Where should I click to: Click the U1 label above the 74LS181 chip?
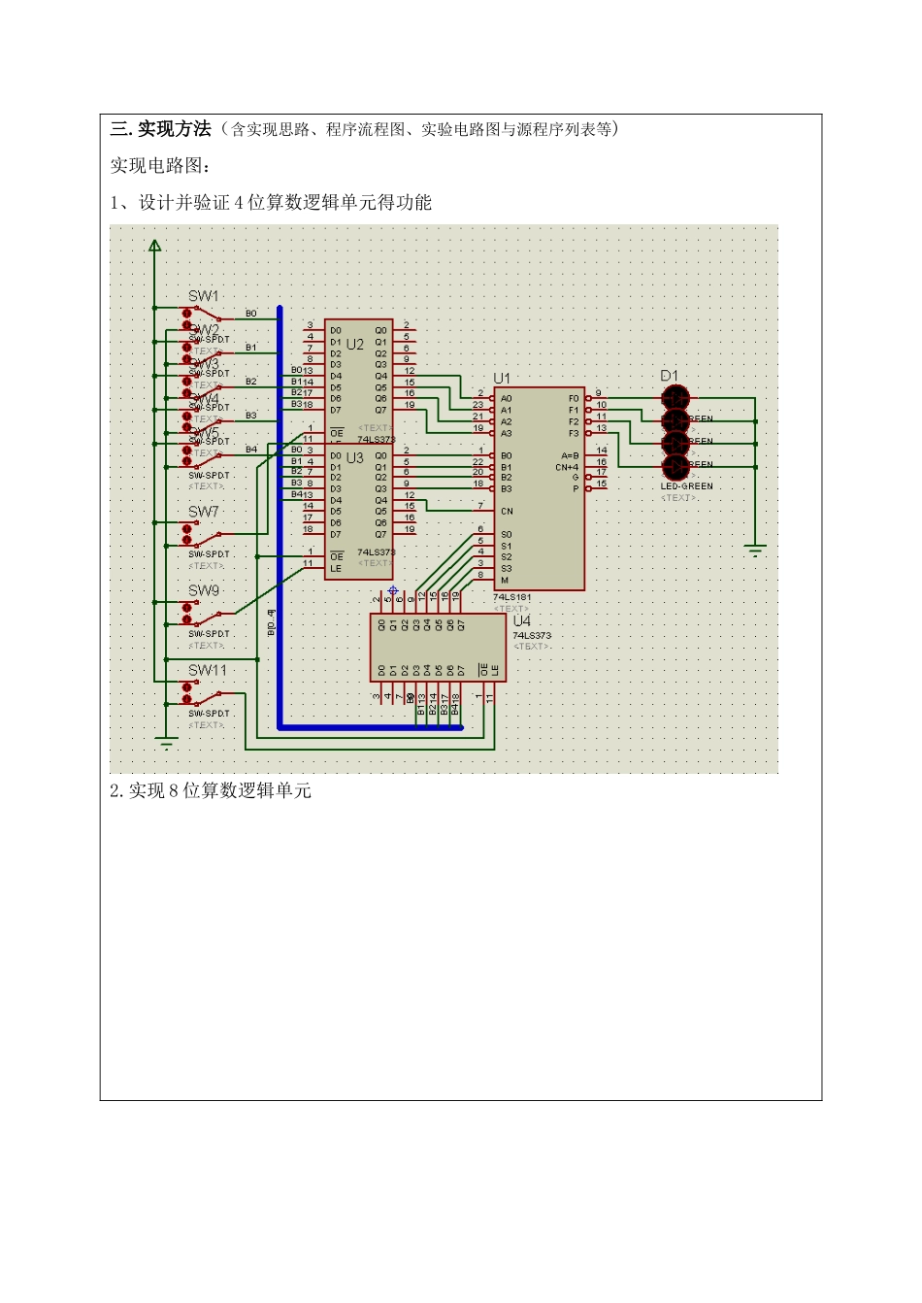click(x=501, y=379)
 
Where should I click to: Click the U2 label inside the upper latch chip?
click(x=355, y=345)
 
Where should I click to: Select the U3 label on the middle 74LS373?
click(x=355, y=457)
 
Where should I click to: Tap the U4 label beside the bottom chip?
click(x=521, y=621)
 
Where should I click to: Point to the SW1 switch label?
click(x=203, y=296)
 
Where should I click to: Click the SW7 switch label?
click(x=203, y=512)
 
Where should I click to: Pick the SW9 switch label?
click(x=203, y=590)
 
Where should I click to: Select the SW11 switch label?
click(x=207, y=670)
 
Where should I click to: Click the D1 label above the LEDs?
click(x=669, y=376)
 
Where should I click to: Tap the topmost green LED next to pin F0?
click(x=675, y=397)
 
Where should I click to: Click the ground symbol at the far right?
click(x=755, y=551)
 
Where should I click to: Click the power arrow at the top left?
click(x=154, y=246)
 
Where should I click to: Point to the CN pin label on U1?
click(x=507, y=511)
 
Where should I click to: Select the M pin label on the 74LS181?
click(x=505, y=581)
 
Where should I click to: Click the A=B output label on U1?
click(x=570, y=455)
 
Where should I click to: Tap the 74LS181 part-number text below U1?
click(x=512, y=597)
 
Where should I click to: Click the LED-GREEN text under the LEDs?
click(x=686, y=486)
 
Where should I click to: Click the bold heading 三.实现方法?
click(x=160, y=129)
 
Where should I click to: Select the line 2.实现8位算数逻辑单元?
click(x=211, y=791)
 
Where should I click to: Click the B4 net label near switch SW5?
click(x=250, y=450)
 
